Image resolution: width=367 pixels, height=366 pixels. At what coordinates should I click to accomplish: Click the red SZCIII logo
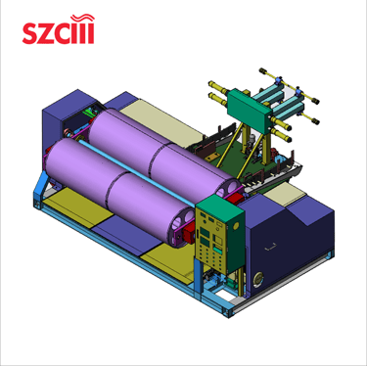coord(59,29)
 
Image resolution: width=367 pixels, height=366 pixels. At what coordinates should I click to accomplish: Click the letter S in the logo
coord(30,33)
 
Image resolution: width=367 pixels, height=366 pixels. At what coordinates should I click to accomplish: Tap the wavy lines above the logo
coord(83,17)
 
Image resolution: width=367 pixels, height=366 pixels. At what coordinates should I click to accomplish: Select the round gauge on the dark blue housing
coord(259,278)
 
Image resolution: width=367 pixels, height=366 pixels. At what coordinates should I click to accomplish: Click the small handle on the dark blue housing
coord(271,248)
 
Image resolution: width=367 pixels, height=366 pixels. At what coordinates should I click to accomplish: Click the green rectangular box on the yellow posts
coord(250,110)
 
